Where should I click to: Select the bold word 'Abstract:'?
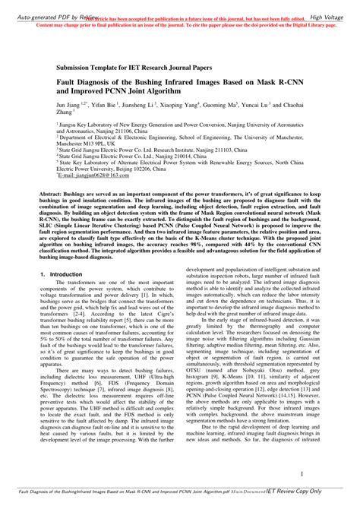[72, 194]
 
